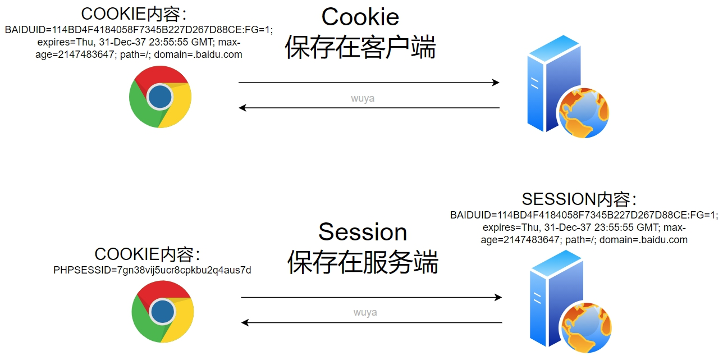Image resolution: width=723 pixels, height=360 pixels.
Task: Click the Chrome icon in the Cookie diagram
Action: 160,97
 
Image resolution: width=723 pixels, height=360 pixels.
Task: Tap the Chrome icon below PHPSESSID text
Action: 162,311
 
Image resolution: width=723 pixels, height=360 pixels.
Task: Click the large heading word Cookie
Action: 360,17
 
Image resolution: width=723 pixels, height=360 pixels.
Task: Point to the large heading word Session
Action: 363,232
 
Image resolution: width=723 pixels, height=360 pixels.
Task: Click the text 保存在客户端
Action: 360,47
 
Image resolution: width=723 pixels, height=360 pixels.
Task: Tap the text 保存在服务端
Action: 363,262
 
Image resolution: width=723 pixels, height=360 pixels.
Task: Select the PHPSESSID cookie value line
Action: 152,271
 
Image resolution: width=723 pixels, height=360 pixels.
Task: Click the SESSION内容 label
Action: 579,199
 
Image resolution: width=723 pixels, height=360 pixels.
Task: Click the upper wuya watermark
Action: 363,99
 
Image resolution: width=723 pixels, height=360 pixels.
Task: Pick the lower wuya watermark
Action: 365,312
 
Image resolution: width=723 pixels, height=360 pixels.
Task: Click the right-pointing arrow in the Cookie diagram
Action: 369,83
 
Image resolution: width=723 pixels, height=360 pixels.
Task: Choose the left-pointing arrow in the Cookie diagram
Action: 369,107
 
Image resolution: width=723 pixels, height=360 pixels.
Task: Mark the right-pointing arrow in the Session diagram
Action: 371,298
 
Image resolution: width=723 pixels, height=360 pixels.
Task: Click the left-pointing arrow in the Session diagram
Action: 371,322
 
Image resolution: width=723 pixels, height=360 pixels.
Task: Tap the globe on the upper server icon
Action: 584,113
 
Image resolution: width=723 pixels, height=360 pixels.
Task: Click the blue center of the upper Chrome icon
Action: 160,97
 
